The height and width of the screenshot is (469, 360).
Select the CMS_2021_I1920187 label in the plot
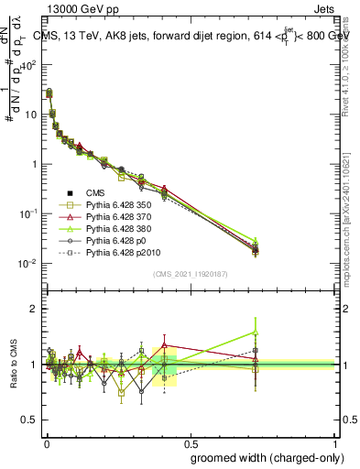click(x=190, y=274)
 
